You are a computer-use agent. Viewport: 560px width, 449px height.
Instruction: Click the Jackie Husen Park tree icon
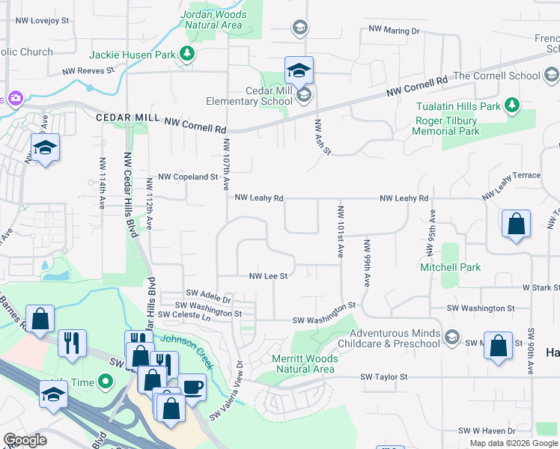point(186,54)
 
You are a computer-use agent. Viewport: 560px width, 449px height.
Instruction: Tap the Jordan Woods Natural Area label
point(213,19)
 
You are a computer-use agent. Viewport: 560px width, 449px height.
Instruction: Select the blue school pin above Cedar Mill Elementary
point(299,72)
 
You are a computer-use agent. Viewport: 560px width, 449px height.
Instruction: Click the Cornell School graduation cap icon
point(551,76)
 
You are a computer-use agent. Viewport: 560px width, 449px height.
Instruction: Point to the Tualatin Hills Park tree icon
point(512,106)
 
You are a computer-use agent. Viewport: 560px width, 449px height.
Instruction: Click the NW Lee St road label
point(268,276)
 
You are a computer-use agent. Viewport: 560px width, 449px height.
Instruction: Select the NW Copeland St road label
point(183,178)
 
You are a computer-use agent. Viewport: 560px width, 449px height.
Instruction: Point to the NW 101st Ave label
point(341,232)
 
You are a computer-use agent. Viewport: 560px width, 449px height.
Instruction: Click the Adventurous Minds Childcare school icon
point(451,337)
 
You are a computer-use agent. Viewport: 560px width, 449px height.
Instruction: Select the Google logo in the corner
point(25,440)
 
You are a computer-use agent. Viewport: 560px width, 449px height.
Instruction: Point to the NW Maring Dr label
point(394,31)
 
